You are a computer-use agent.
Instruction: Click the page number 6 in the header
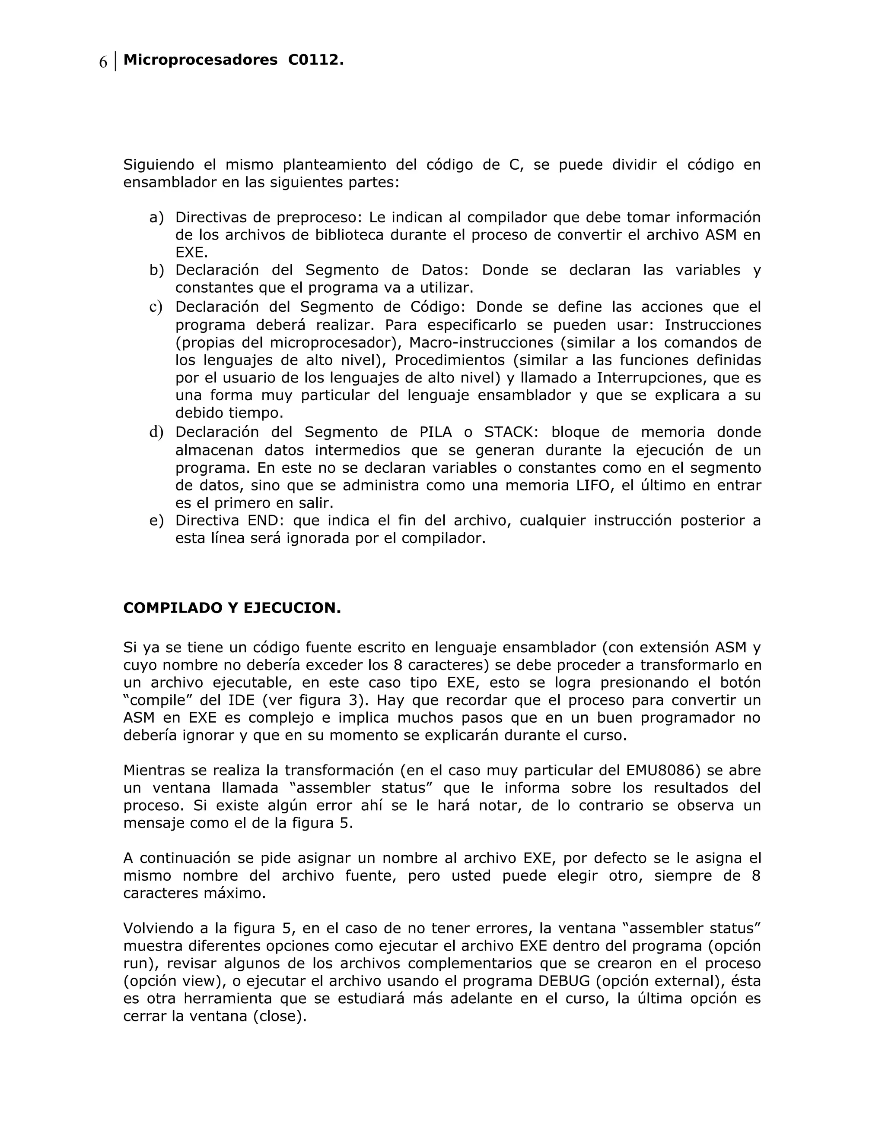(103, 62)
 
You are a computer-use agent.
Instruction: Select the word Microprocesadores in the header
(200, 61)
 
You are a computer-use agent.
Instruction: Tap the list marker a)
(156, 218)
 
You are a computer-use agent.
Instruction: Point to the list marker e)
(156, 521)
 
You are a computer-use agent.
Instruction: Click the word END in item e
(266, 521)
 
